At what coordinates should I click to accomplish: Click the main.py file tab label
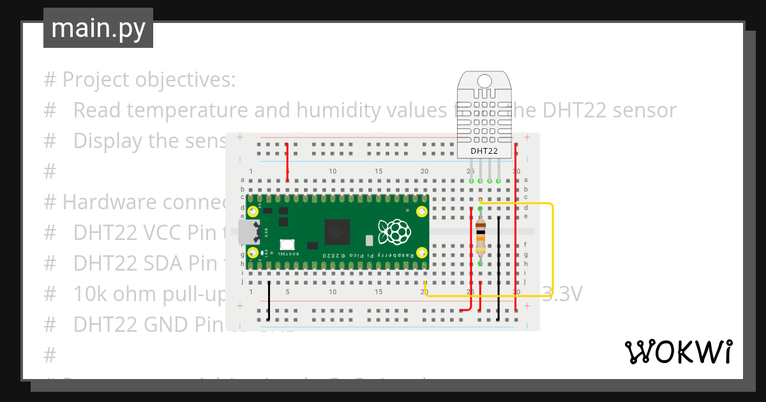(98, 28)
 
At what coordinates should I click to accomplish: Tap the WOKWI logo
(678, 352)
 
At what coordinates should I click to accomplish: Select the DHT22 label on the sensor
(484, 151)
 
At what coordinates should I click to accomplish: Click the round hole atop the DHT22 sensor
(484, 81)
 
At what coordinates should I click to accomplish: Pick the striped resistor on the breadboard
(480, 235)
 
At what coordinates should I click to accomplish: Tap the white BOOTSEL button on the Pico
(287, 244)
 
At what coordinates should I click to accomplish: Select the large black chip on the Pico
(338, 232)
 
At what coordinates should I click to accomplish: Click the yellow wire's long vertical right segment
(552, 249)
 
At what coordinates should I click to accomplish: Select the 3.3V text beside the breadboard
(562, 294)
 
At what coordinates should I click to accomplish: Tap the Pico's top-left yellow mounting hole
(253, 211)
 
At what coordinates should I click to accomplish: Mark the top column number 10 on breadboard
(333, 171)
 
